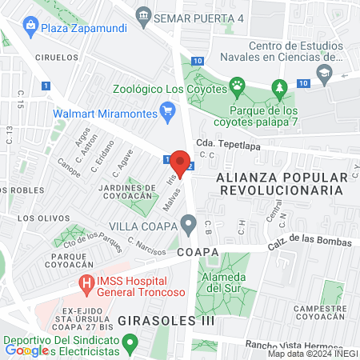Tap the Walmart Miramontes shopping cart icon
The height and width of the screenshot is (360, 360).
point(168,112)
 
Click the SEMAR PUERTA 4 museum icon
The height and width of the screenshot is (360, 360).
point(144,14)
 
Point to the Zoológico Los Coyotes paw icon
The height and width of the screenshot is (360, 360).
point(237,84)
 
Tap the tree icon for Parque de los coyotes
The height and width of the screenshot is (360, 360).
point(278,86)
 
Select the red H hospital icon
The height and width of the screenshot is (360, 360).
point(85,282)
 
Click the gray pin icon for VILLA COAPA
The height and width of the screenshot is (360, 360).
point(189,225)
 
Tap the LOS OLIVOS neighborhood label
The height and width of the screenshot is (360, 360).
point(38,218)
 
